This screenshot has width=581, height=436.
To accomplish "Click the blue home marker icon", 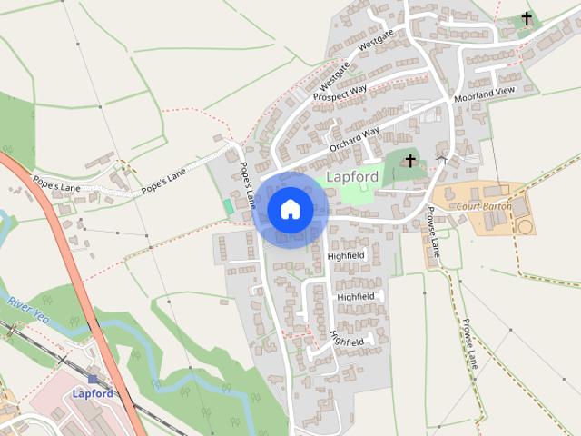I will click(x=290, y=209).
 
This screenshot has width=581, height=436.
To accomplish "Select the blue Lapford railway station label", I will click(x=93, y=393).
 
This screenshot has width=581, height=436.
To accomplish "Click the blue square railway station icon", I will click(x=93, y=378).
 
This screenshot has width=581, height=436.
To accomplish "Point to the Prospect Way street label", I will click(x=340, y=93).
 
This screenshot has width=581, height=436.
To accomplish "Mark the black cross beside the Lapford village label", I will click(x=409, y=161).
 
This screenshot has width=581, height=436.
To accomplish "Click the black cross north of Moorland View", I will click(x=527, y=18).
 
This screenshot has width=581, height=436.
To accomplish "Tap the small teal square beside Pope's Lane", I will click(x=228, y=207).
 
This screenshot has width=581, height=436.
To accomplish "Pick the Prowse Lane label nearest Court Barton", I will click(x=433, y=232).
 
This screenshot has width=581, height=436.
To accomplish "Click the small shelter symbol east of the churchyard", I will click(x=441, y=160).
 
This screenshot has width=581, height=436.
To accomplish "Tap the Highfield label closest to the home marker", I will click(x=346, y=257).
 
